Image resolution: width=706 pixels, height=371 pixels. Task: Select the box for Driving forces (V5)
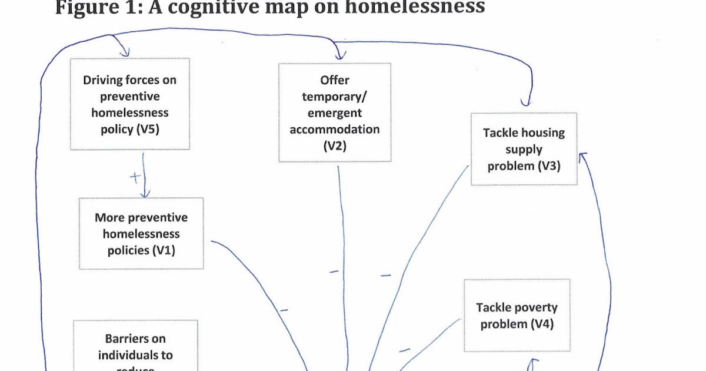[129, 104]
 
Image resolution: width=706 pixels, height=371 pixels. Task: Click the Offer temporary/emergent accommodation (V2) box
[334, 112]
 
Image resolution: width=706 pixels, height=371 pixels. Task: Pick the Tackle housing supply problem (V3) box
[524, 149]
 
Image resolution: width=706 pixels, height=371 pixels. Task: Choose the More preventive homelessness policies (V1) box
[141, 233]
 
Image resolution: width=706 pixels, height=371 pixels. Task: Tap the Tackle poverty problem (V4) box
[517, 315]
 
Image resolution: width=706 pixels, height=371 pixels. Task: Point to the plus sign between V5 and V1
[135, 177]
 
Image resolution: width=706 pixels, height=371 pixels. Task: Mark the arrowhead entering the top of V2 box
[339, 55]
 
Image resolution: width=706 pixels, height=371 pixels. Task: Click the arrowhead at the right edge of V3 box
[583, 154]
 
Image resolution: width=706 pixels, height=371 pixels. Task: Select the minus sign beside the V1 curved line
[284, 310]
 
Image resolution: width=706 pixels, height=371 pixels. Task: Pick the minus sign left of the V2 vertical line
[333, 271]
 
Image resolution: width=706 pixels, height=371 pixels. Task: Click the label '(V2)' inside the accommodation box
[334, 145]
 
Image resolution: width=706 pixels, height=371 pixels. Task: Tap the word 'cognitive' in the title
[224, 7]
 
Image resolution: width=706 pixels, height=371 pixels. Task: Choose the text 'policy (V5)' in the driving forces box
[129, 128]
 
